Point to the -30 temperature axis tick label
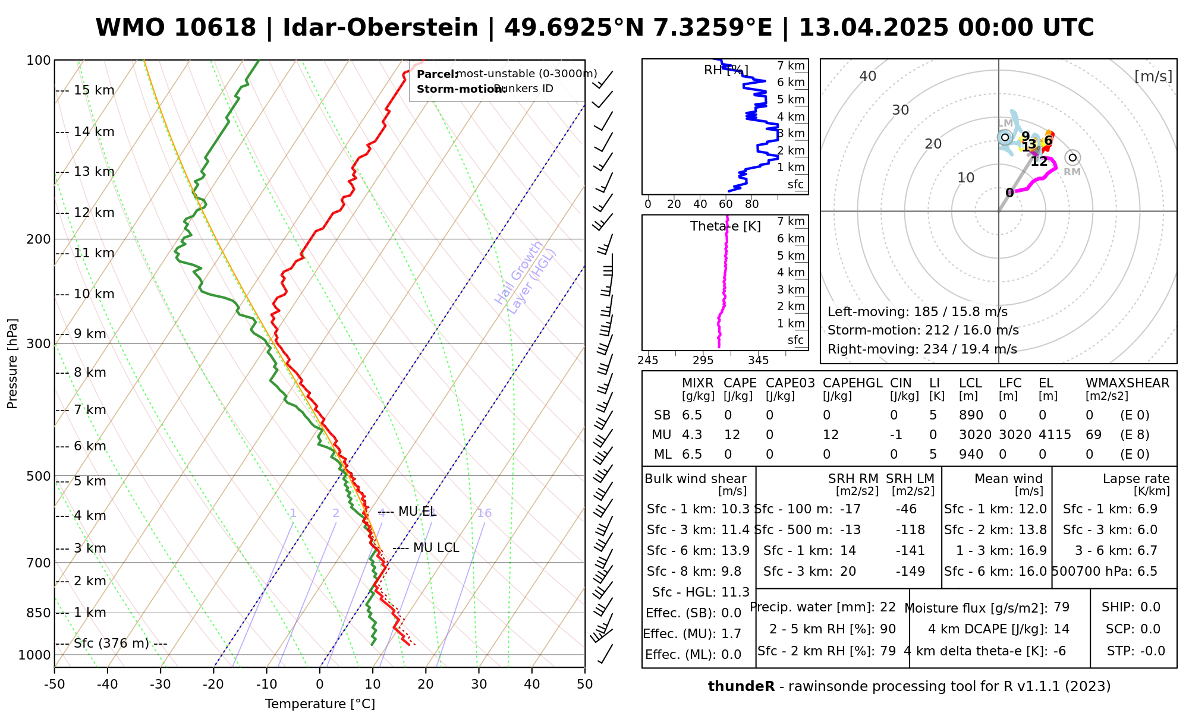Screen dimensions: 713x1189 click(161, 684)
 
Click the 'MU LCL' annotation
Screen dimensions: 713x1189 click(436, 548)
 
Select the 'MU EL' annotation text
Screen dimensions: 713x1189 click(417, 512)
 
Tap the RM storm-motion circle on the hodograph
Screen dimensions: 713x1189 click(1072, 157)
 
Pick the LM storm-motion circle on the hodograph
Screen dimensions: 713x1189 click(1005, 137)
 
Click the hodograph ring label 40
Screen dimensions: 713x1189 click(868, 76)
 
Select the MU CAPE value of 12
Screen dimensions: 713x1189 click(732, 435)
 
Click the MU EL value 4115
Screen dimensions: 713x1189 click(1055, 435)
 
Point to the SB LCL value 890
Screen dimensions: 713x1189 click(971, 415)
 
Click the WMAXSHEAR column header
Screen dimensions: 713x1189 click(1127, 383)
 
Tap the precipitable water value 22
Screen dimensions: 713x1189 click(888, 607)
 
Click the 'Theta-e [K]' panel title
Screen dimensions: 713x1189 click(725, 226)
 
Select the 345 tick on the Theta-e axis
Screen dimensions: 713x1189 click(758, 361)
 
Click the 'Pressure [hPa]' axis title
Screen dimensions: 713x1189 click(12, 364)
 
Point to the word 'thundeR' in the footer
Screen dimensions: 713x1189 click(741, 687)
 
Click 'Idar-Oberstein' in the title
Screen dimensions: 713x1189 click(380, 28)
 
